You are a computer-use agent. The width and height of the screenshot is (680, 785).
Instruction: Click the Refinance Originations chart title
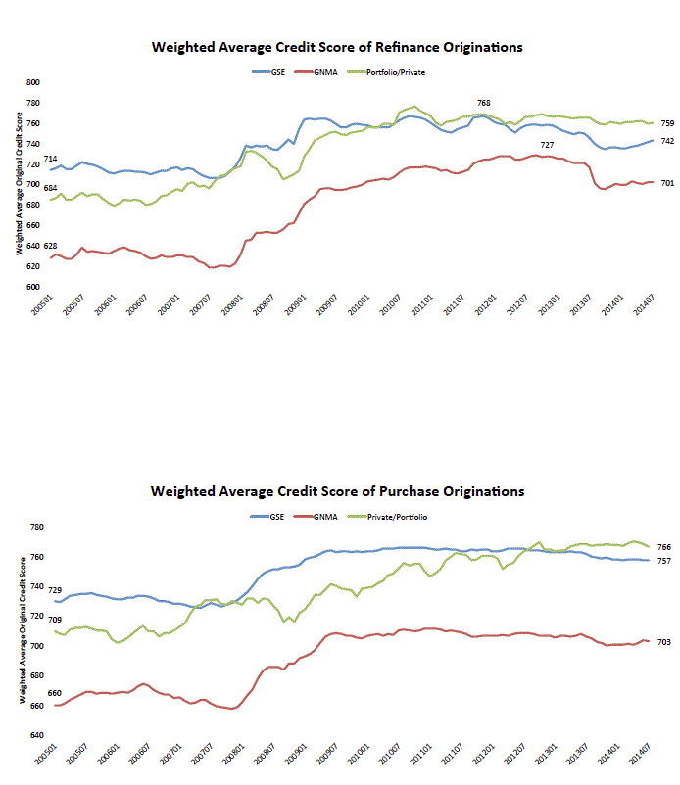(x=337, y=47)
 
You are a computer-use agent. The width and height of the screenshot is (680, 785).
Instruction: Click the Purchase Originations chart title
(x=337, y=491)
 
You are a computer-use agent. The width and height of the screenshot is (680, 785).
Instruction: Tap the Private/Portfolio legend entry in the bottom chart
(x=399, y=516)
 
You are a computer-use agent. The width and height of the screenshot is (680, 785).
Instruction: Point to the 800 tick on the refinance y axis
(x=32, y=83)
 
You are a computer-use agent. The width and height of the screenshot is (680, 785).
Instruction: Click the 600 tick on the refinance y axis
(x=32, y=288)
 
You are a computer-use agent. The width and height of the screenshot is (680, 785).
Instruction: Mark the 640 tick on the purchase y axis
(x=32, y=735)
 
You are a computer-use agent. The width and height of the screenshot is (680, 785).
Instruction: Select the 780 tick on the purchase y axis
(x=32, y=528)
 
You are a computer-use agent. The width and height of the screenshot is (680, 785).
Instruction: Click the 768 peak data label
(x=483, y=103)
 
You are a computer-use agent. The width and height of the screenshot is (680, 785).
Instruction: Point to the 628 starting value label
(x=50, y=246)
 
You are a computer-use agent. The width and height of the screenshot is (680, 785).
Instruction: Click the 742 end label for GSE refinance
(x=666, y=141)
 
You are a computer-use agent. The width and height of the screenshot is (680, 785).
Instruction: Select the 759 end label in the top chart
(x=666, y=123)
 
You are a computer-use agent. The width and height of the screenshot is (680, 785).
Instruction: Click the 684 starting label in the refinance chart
(x=50, y=188)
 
